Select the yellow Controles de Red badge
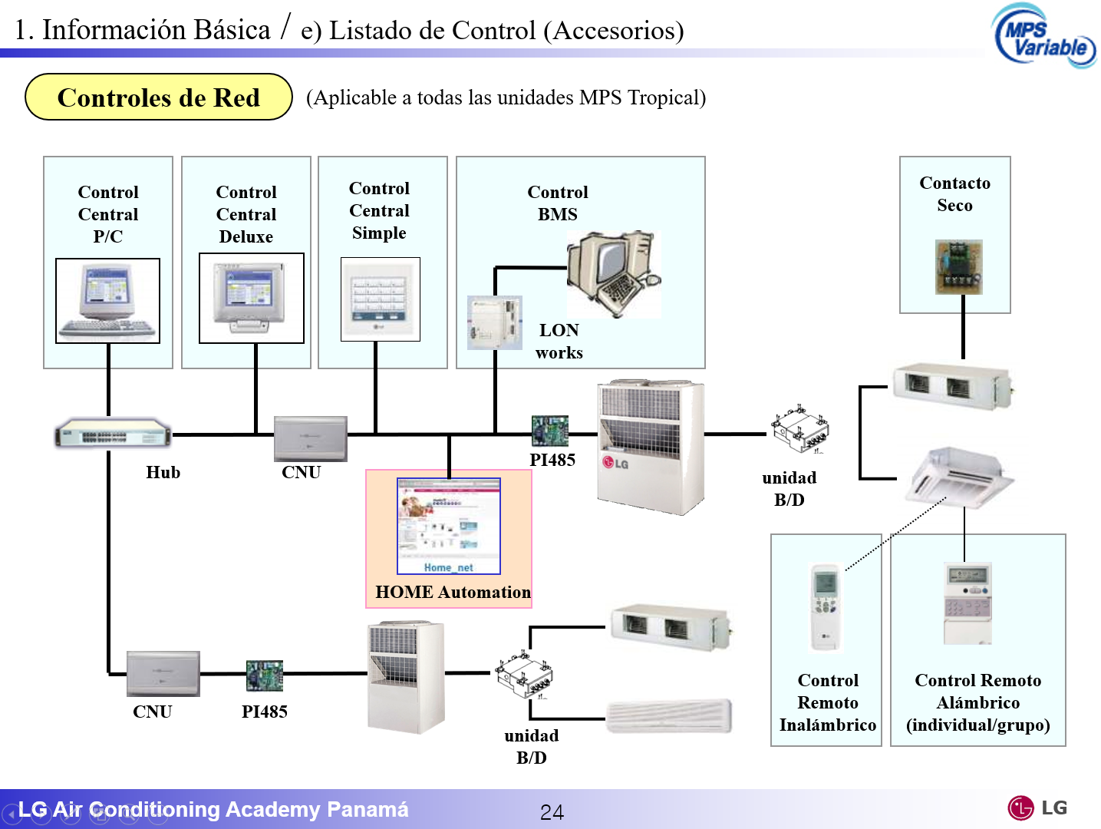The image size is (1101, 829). click(159, 97)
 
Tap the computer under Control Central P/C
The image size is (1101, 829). click(107, 301)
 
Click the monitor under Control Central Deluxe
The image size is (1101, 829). click(251, 298)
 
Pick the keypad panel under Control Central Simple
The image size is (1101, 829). click(380, 299)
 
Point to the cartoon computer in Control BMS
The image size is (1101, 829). click(612, 273)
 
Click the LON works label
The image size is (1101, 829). click(559, 342)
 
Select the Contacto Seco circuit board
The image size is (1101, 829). click(958, 267)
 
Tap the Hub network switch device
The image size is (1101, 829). click(113, 434)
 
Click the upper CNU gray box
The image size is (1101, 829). click(310, 438)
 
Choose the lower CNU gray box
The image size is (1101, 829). click(163, 673)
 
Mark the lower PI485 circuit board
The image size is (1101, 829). click(265, 675)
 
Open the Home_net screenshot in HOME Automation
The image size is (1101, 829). click(449, 526)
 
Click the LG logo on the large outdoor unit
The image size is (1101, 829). click(615, 463)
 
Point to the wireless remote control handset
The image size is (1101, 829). click(826, 606)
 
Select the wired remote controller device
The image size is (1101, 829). click(967, 603)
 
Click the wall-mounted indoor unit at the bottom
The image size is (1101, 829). click(669, 716)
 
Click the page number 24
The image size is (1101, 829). click(552, 812)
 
